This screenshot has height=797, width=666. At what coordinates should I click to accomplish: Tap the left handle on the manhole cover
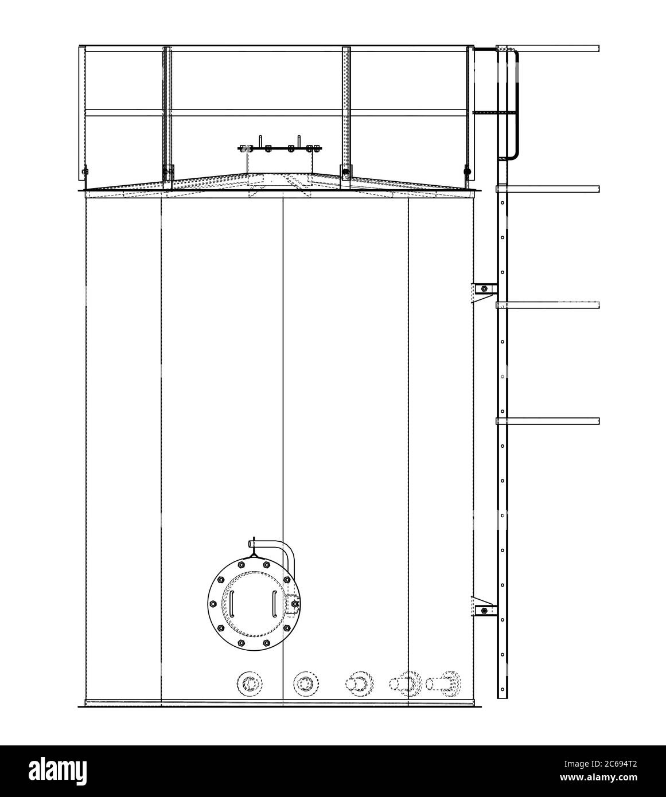click(x=232, y=603)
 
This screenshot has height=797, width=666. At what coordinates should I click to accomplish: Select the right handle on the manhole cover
click(x=274, y=603)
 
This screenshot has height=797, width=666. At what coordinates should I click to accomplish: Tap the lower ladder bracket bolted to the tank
click(x=484, y=611)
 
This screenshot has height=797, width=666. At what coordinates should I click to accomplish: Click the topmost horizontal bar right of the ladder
click(x=548, y=49)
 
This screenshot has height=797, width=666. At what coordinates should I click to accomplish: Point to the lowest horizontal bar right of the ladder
click(x=548, y=421)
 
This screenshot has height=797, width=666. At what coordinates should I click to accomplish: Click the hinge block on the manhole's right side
click(x=293, y=604)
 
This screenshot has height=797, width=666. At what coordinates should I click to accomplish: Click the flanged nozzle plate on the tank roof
click(x=280, y=148)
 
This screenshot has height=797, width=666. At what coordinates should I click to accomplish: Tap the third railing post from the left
click(x=346, y=115)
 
